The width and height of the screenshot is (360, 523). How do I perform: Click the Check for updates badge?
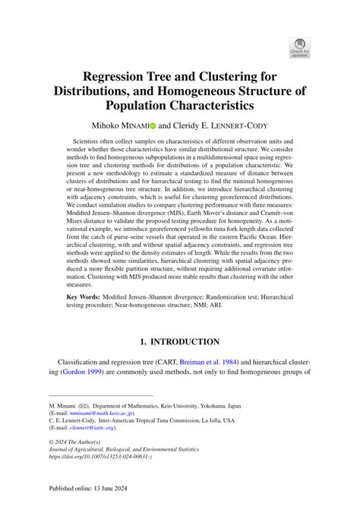point(299,46)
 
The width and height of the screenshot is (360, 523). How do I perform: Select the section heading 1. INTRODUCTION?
point(179,341)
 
